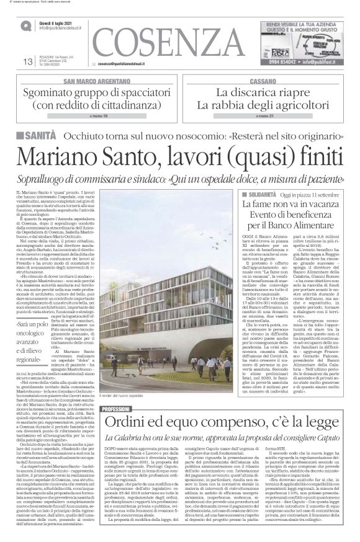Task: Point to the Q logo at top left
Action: click(27, 25)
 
